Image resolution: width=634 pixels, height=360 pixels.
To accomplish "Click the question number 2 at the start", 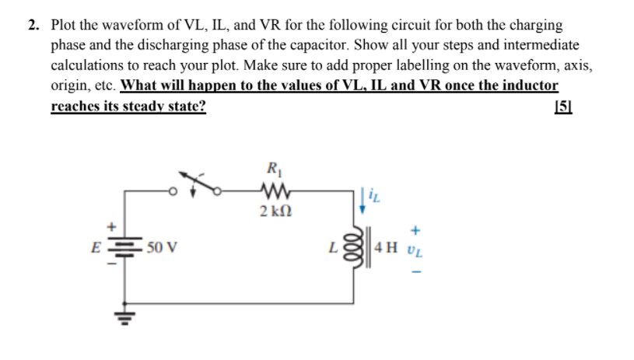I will (x=33, y=26).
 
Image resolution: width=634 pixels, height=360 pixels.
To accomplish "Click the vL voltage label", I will (x=415, y=250).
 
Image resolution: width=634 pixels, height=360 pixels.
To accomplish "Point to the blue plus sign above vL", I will (x=416, y=230).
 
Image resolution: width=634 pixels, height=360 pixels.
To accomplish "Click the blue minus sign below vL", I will (x=416, y=272).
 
